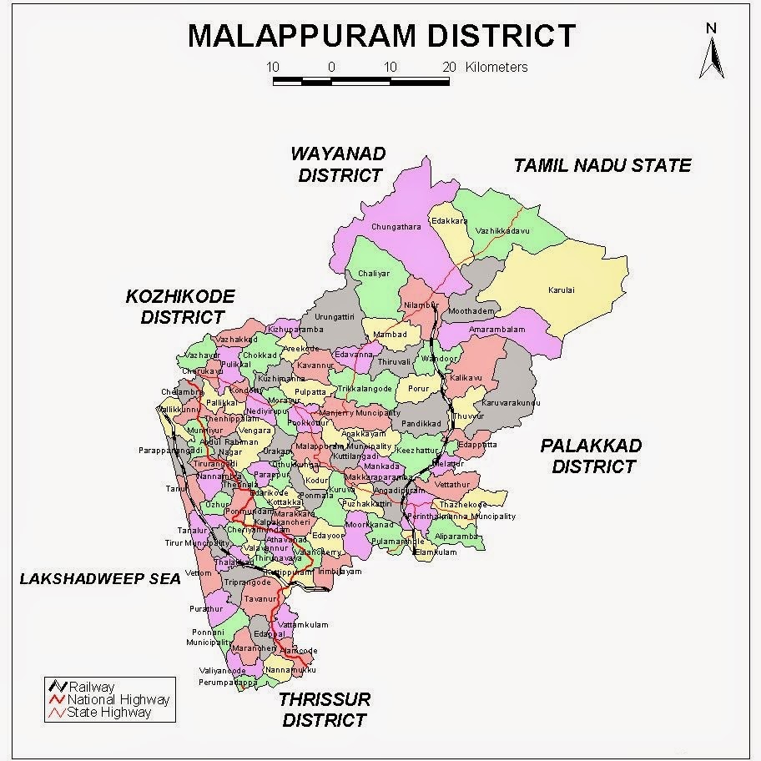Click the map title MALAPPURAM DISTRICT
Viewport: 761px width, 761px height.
click(x=381, y=36)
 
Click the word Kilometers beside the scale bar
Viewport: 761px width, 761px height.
click(x=496, y=67)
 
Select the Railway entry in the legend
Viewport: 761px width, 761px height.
click(x=92, y=688)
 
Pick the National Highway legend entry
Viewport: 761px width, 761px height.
click(x=118, y=700)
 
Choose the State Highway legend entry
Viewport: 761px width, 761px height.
click(x=109, y=713)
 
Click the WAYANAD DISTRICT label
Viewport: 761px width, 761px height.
click(x=339, y=164)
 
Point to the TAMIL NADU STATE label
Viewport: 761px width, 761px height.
click(x=602, y=165)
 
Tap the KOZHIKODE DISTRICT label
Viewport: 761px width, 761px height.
click(x=181, y=306)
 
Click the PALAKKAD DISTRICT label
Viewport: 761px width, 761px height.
click(x=592, y=456)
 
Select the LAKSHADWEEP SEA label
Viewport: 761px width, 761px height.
click(x=100, y=578)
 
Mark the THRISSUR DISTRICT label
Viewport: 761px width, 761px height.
click(x=325, y=708)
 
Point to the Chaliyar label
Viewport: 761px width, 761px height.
click(x=374, y=274)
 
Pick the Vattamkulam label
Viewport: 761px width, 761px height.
click(x=303, y=624)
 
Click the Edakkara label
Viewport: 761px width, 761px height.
click(x=449, y=221)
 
